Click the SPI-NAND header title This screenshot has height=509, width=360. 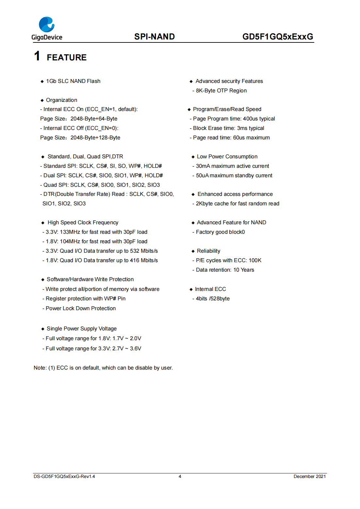point(154,37)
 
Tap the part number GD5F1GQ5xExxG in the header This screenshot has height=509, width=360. point(277,37)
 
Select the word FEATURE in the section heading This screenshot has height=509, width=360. point(67,57)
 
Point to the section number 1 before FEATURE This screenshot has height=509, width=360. point(37,56)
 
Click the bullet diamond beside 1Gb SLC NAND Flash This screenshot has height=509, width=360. point(42,81)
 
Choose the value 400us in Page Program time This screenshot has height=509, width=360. point(250,119)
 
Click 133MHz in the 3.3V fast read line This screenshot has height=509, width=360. point(70,232)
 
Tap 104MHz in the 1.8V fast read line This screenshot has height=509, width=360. point(70,241)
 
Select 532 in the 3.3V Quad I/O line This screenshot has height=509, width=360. point(135,251)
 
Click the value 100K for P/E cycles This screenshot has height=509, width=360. point(255,260)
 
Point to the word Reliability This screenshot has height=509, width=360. point(208,251)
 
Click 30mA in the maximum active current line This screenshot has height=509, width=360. point(203,166)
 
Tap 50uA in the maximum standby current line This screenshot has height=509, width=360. point(202,175)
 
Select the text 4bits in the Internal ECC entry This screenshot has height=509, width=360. point(202,298)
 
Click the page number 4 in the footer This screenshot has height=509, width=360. point(180,476)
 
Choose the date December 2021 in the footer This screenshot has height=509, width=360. point(309,476)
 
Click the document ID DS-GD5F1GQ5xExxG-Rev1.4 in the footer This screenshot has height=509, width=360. point(64,476)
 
